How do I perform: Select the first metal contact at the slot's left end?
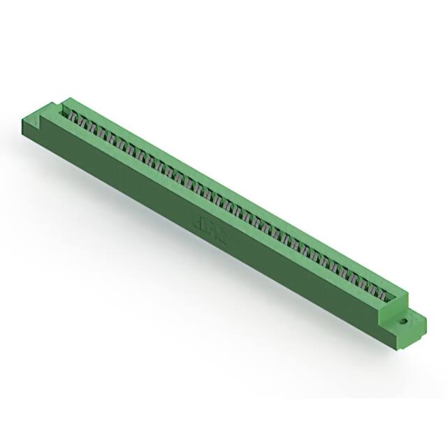tap(70, 112)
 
